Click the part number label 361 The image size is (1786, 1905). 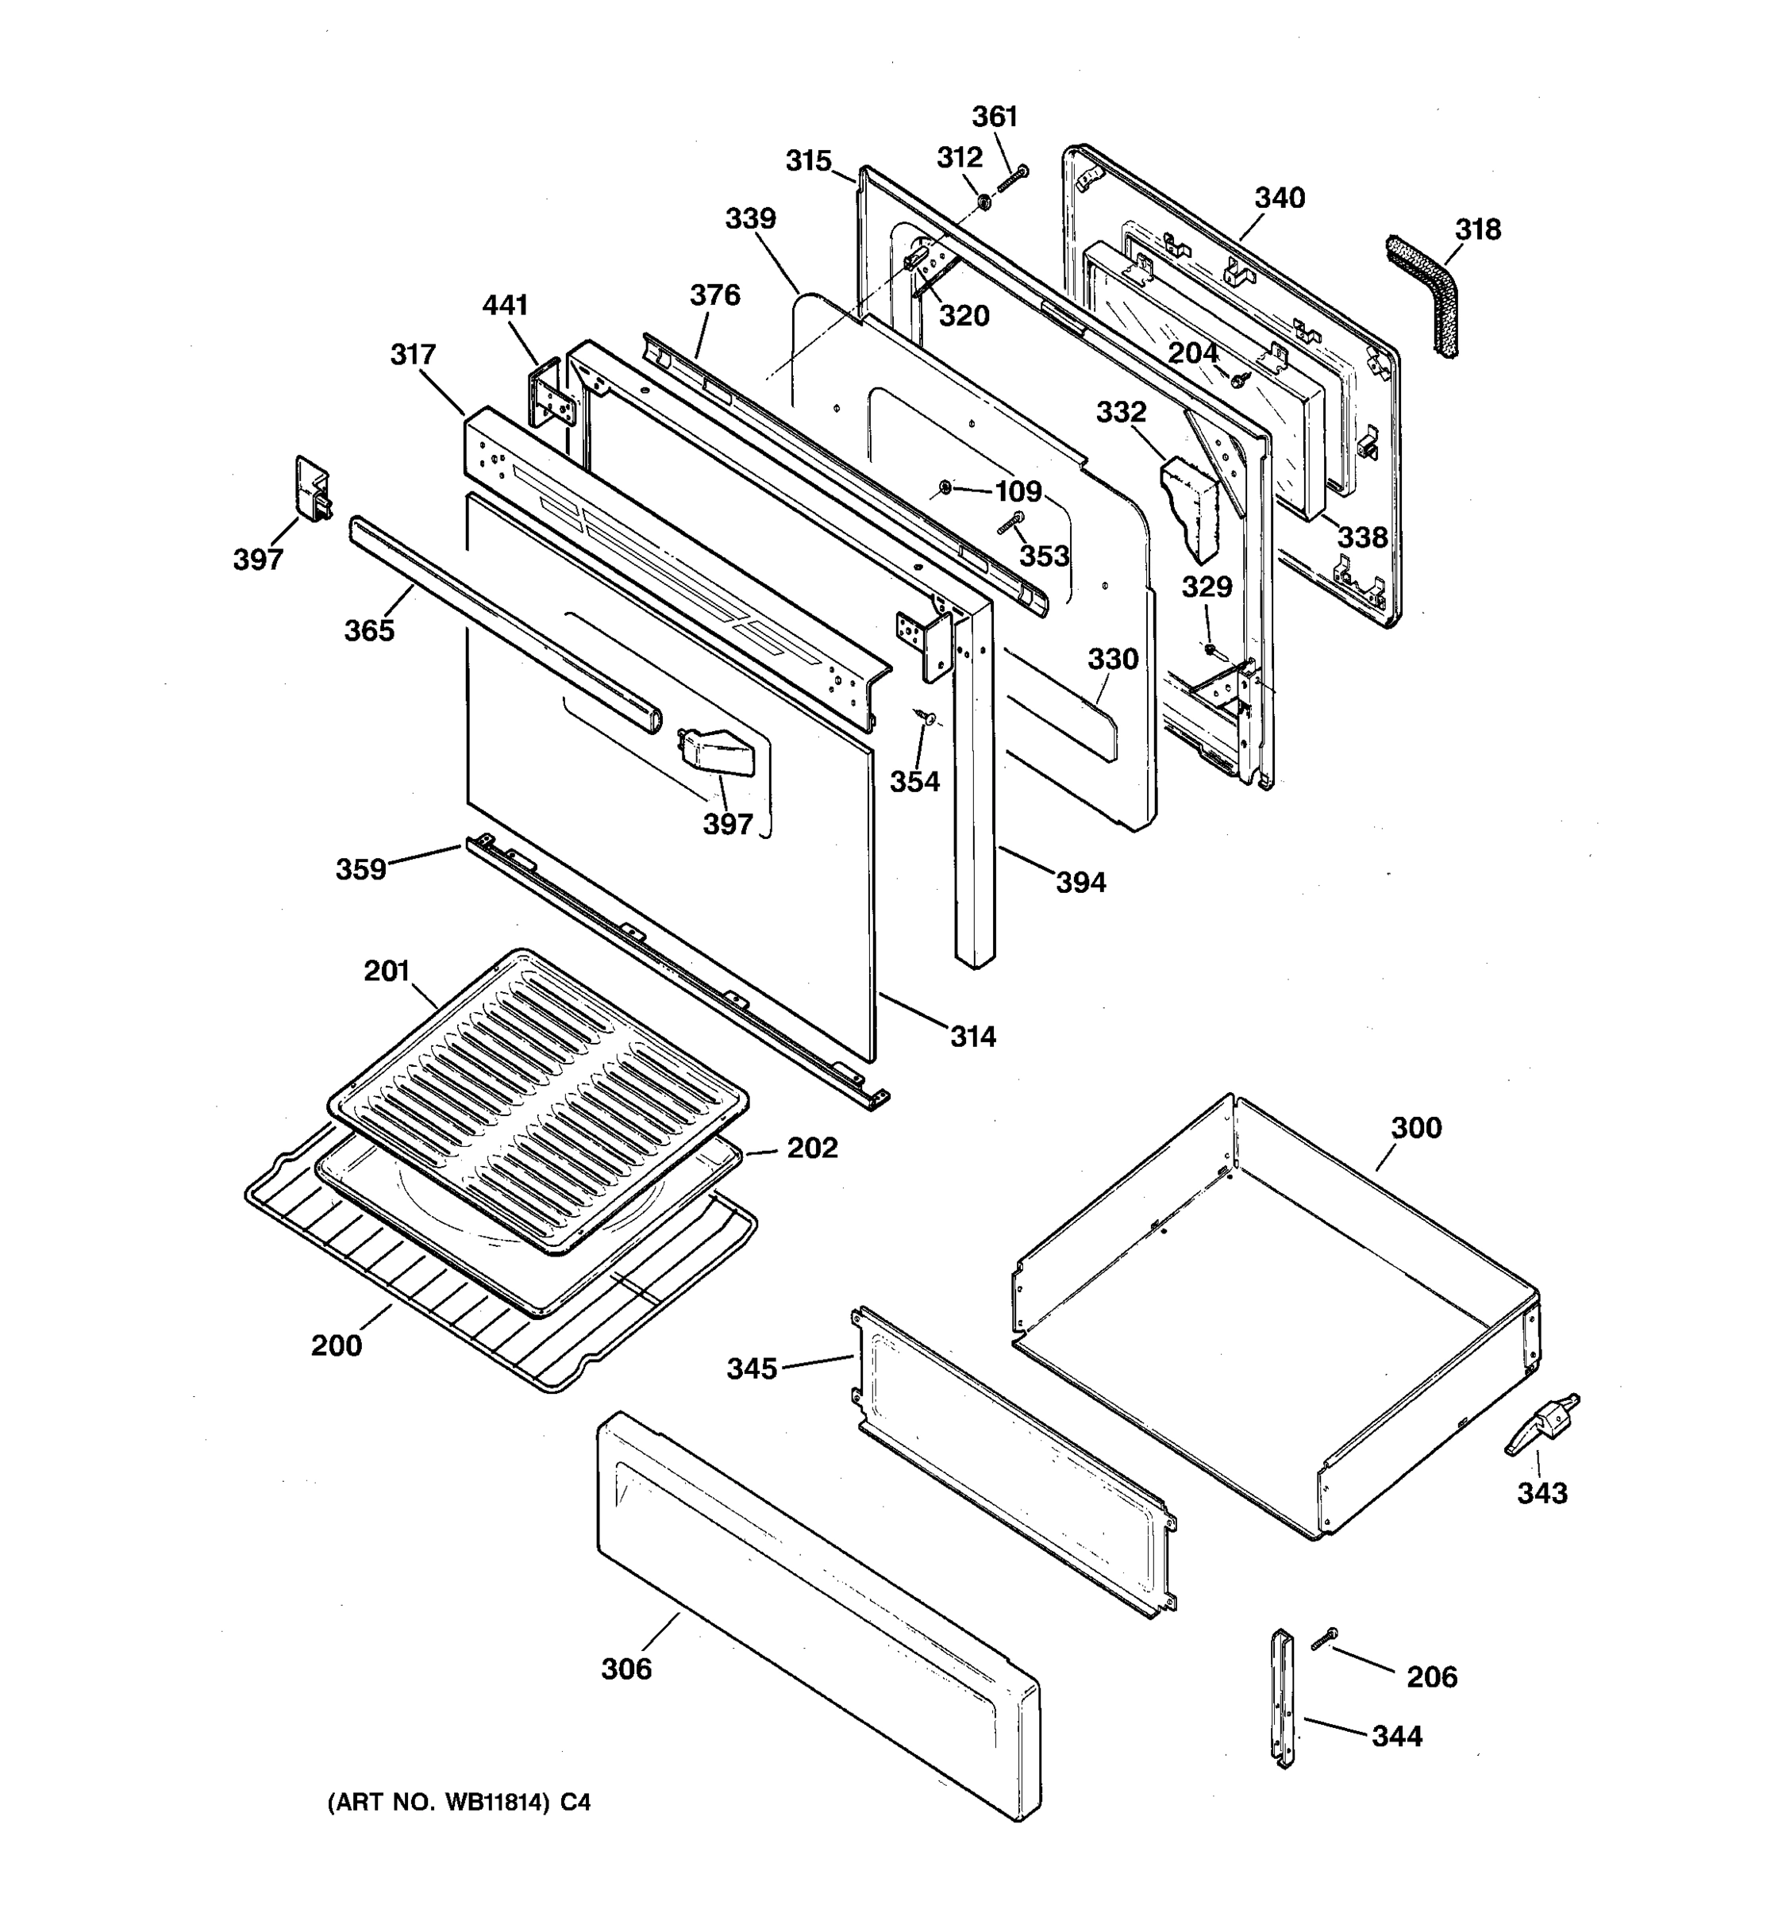coord(995,116)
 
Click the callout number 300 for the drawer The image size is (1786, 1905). coord(1415,1128)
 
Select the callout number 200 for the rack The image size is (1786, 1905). coord(337,1345)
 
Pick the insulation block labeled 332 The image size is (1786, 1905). coord(1190,506)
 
